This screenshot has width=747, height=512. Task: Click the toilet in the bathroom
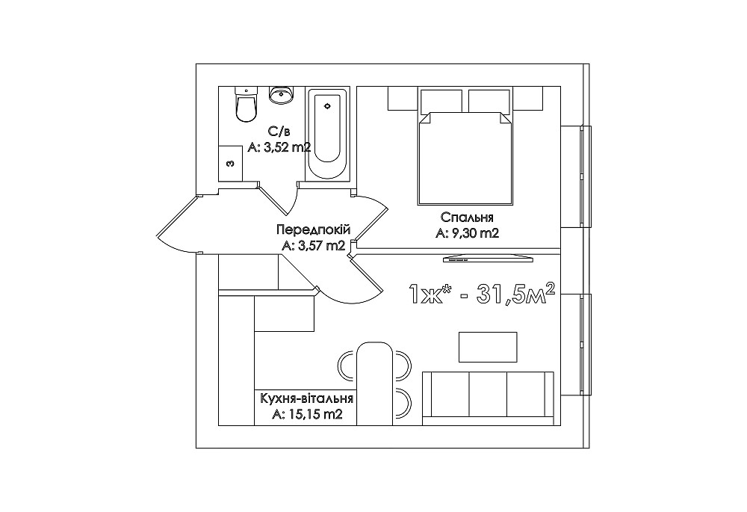[x=246, y=104]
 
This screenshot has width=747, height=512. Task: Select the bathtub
[x=327, y=134]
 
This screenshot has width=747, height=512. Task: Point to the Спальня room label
[x=467, y=218]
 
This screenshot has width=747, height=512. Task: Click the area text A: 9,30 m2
[x=467, y=234]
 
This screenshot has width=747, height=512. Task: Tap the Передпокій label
[x=314, y=229]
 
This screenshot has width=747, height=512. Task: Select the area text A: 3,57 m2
[x=314, y=246]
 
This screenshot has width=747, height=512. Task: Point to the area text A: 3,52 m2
[x=279, y=148]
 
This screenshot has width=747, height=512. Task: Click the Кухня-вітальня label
[x=307, y=398]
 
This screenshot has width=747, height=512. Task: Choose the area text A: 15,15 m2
[x=307, y=415]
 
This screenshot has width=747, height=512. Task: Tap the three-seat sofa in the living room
[x=488, y=398]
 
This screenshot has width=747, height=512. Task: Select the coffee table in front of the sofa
[x=488, y=347]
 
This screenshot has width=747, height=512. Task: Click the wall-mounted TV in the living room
[x=489, y=259]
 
